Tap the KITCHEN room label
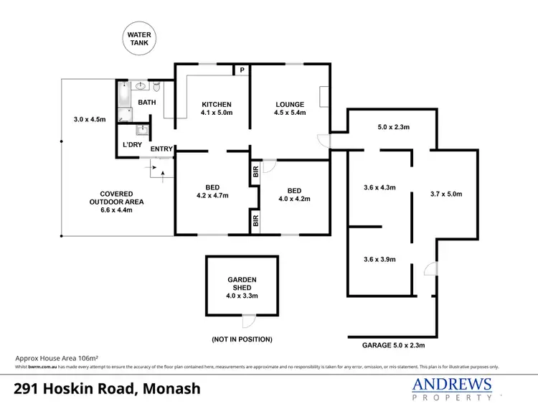[x=216, y=105]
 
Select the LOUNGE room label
[x=290, y=105]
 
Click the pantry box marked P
[x=242, y=70]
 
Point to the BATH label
[x=147, y=103]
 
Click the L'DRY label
[x=131, y=145]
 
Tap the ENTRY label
[x=161, y=149]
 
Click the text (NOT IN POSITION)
[x=242, y=339]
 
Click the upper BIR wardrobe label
[x=255, y=172]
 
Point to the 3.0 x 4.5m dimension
[x=90, y=119]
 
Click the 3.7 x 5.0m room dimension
[x=446, y=194]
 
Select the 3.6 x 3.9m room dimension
[x=379, y=259]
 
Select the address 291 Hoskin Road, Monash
[x=108, y=388]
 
